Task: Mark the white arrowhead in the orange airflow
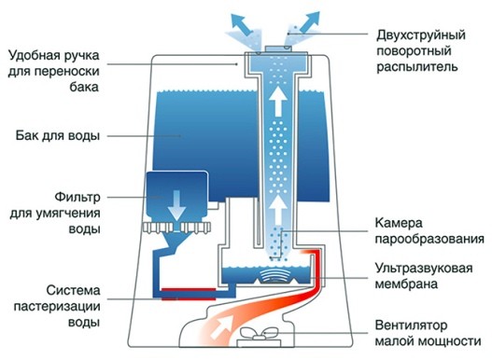pyautogui.click(x=221, y=326)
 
